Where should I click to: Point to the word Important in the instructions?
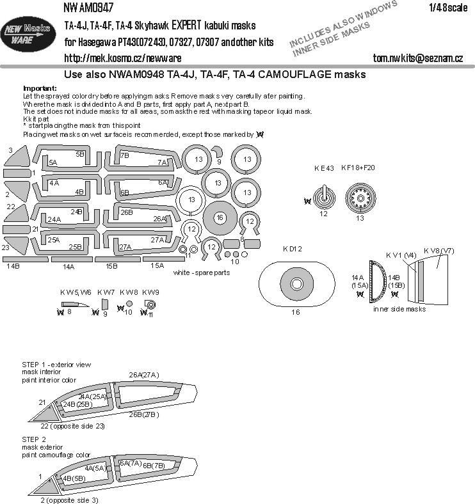click(x=40, y=88)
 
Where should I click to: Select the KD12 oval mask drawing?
click(x=296, y=283)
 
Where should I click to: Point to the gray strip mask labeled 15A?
click(x=156, y=259)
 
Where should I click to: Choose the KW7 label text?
click(x=106, y=292)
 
